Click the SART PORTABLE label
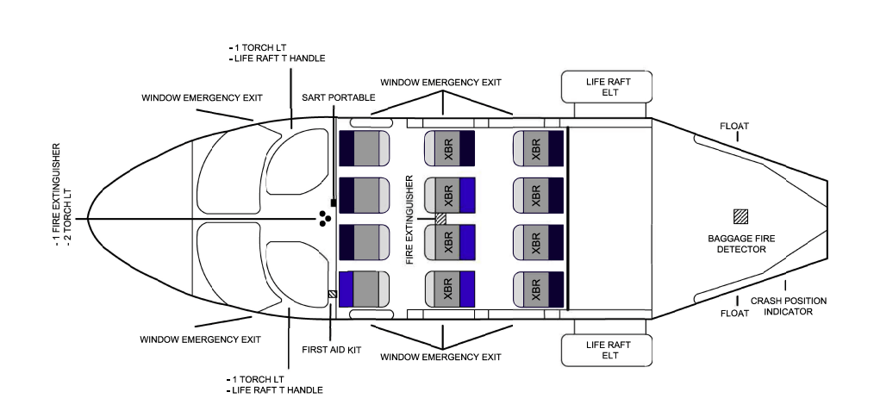(339, 97)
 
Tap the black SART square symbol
(333, 202)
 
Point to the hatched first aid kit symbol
(332, 294)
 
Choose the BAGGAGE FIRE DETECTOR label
(736, 243)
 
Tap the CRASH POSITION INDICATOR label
(788, 306)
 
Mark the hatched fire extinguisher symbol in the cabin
(441, 219)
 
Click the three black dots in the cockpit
(324, 219)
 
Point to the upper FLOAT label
(734, 127)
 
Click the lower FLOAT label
(734, 314)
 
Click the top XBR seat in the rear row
(538, 148)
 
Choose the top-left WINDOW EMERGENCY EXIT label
(202, 97)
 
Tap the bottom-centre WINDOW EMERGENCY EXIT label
(440, 357)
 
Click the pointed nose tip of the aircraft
(87, 219)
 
